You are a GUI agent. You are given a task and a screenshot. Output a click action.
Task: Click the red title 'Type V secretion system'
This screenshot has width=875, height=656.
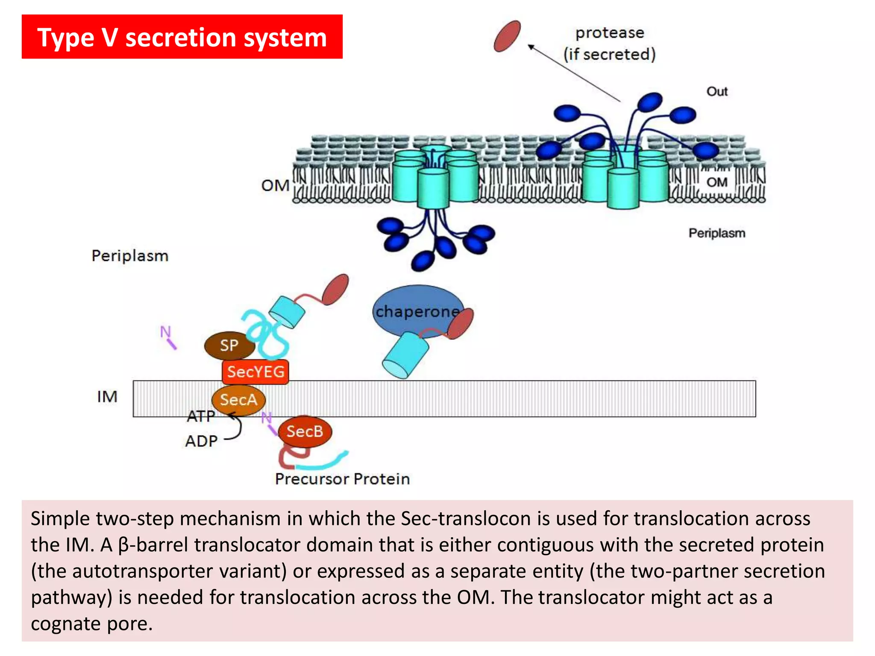point(182,37)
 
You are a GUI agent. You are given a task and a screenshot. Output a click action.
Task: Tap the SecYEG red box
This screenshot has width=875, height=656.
point(255,372)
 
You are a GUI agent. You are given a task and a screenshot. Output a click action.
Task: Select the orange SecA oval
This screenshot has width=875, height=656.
point(238,400)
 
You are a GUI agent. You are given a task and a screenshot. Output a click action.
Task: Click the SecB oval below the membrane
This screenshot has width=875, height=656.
point(304,431)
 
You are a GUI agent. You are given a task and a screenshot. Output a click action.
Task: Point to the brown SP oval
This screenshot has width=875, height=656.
point(229,345)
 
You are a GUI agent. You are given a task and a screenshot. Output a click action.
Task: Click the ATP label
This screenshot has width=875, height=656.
point(201,416)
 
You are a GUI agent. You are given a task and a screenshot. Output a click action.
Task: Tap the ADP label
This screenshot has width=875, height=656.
point(201,441)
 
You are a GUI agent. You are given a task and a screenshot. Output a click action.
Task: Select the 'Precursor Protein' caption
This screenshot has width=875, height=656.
point(342,479)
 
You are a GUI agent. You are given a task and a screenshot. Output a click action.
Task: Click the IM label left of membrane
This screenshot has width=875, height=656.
point(107,397)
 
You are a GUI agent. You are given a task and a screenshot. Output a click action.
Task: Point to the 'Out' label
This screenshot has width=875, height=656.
point(716,91)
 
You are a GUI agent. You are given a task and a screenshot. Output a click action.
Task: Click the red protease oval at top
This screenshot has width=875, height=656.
point(507,36)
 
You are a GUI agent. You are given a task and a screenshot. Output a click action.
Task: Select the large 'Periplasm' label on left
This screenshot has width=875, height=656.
point(130,256)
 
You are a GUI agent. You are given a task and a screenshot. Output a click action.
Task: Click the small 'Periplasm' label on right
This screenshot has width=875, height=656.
point(716,233)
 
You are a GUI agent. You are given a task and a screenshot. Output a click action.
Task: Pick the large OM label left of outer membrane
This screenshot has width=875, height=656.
point(275,186)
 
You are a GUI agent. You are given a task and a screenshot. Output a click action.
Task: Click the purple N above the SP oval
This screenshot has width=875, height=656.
point(165,331)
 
